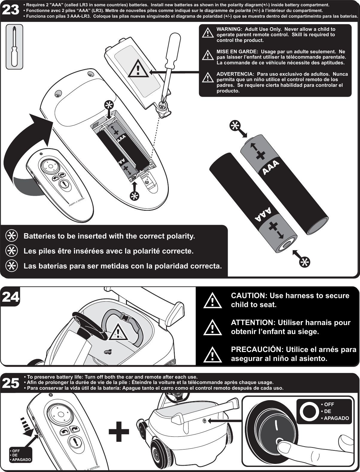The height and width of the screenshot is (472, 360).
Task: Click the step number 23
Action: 11,11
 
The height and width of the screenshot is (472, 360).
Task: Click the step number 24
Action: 11,297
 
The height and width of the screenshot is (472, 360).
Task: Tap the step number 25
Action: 11,383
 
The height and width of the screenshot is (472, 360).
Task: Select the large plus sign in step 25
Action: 119,431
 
